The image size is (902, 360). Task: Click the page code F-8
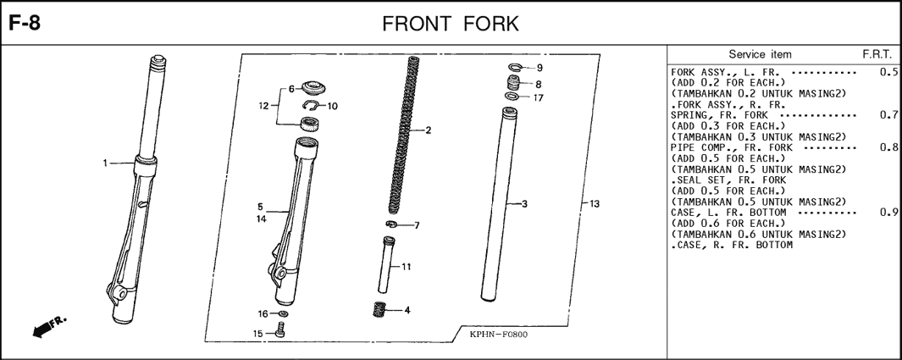tap(25, 25)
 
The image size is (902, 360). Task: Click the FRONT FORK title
tap(451, 25)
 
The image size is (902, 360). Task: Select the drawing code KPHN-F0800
tap(498, 335)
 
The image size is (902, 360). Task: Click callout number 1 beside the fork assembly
tap(105, 163)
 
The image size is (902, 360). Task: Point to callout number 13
tap(595, 203)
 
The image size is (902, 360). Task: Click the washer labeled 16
tap(282, 314)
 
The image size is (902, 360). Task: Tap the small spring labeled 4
tap(379, 310)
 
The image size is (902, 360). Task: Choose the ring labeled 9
tap(515, 66)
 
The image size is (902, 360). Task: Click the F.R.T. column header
tap(877, 54)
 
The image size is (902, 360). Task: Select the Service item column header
tap(760, 54)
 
